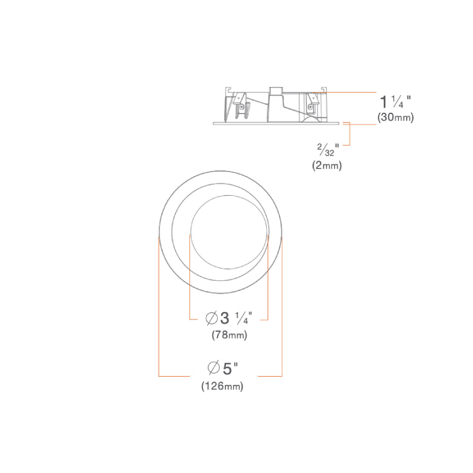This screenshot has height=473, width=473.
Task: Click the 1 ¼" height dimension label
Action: [x=395, y=102]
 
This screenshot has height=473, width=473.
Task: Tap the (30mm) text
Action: [x=396, y=117]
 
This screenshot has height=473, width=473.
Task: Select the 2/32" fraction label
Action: [x=328, y=150]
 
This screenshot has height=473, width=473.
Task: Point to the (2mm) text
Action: [x=327, y=166]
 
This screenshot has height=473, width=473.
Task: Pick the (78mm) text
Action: [x=229, y=335]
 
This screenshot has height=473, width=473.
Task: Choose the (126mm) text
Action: [x=222, y=386]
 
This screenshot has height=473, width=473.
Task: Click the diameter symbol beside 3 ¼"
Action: [x=212, y=319]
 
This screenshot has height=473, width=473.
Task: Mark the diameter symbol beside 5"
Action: [x=213, y=367]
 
